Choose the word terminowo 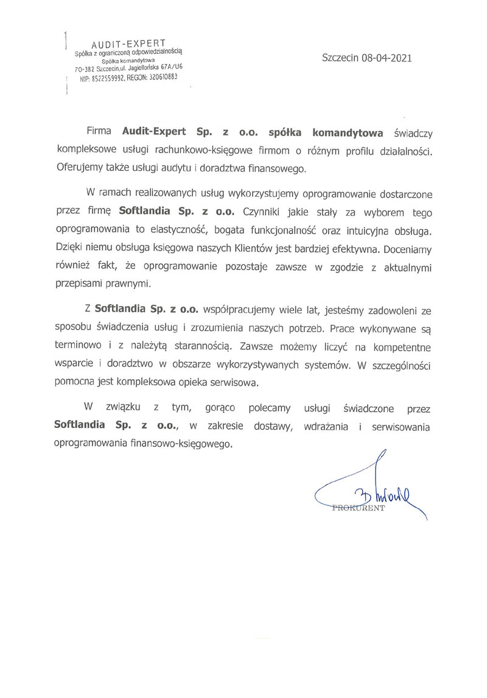(77, 346)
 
